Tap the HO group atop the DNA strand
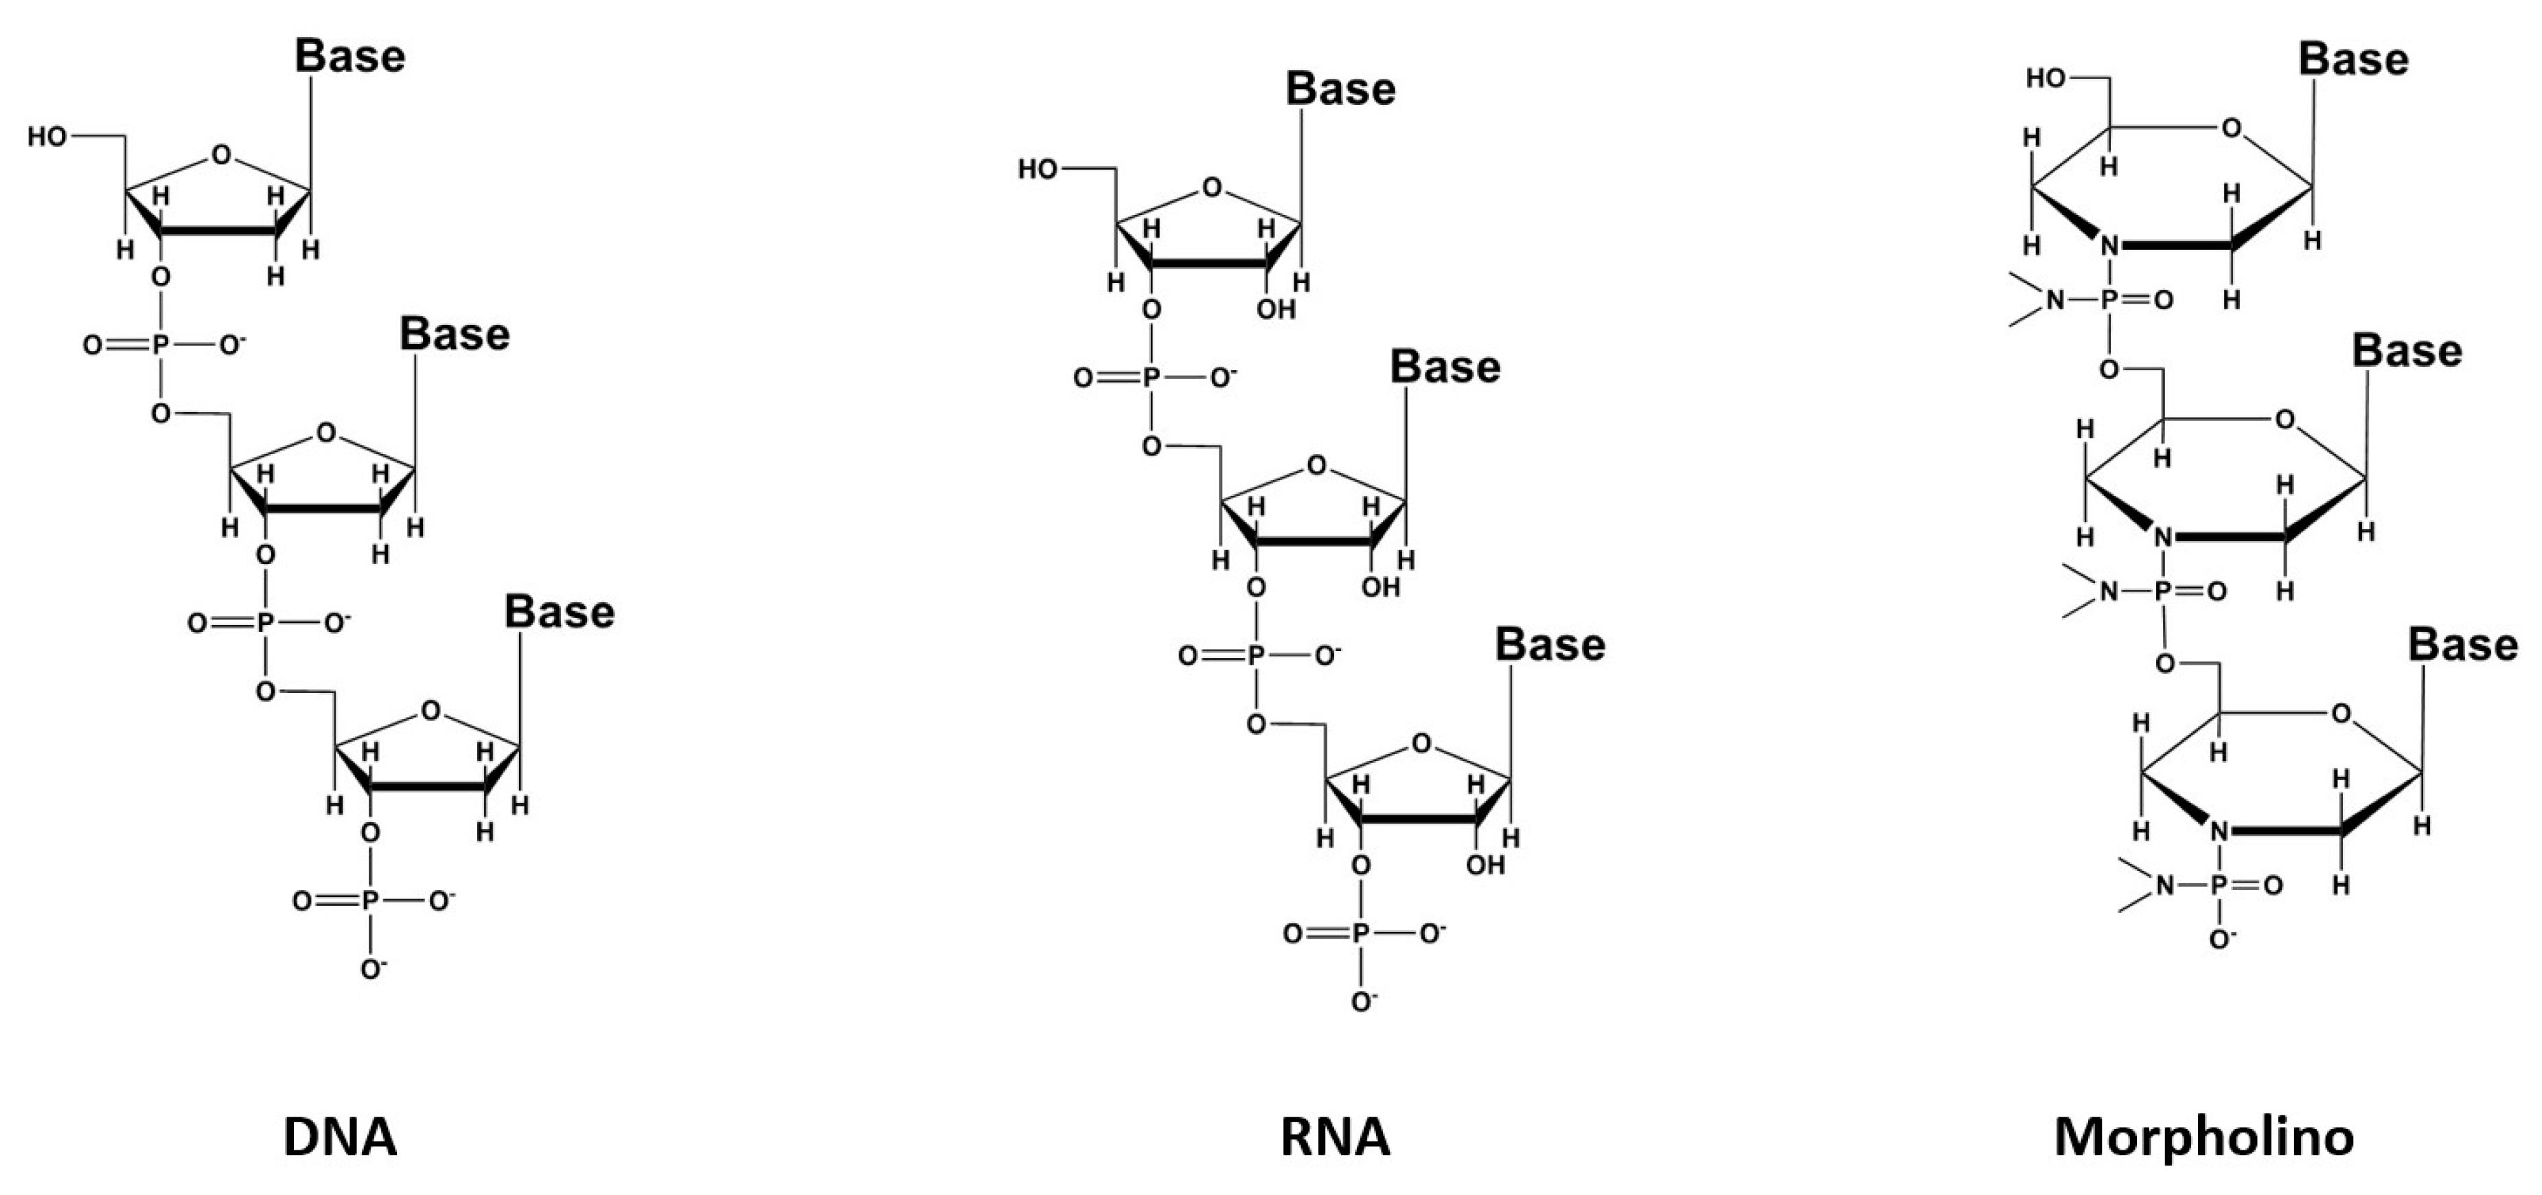(47, 136)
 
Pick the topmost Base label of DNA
(350, 56)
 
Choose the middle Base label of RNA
(1445, 367)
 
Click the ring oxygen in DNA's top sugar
(222, 155)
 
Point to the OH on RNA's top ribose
(1276, 310)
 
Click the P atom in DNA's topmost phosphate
(161, 345)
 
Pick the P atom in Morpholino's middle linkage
(2163, 592)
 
